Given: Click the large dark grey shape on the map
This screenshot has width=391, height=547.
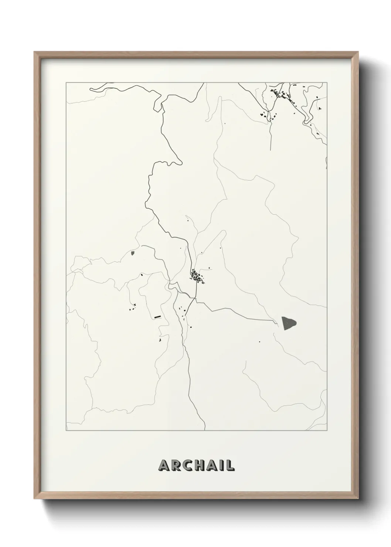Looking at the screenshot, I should click(x=289, y=323).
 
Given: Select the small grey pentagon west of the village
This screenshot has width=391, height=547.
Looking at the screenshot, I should click(x=132, y=254).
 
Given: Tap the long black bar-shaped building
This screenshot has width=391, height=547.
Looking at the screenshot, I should click(x=158, y=317).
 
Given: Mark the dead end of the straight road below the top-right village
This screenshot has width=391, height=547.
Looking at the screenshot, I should click(x=271, y=149).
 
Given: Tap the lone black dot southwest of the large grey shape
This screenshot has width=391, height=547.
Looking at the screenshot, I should click(x=259, y=342).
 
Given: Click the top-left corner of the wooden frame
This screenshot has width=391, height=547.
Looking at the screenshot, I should click(x=34, y=52).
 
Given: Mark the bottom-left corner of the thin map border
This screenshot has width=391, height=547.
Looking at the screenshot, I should click(x=66, y=431).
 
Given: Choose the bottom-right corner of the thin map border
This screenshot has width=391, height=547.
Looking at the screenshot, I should click(x=327, y=431).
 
